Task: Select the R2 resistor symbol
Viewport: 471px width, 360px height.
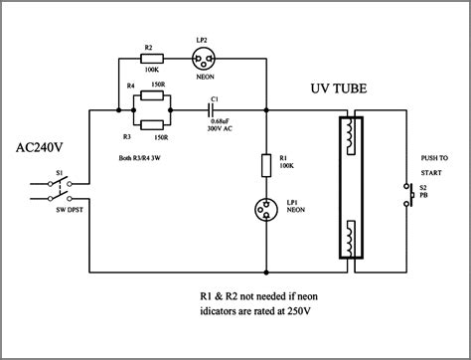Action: point(150,57)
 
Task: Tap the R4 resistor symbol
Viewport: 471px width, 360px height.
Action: point(152,95)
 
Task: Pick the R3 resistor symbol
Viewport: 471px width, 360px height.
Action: point(152,123)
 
